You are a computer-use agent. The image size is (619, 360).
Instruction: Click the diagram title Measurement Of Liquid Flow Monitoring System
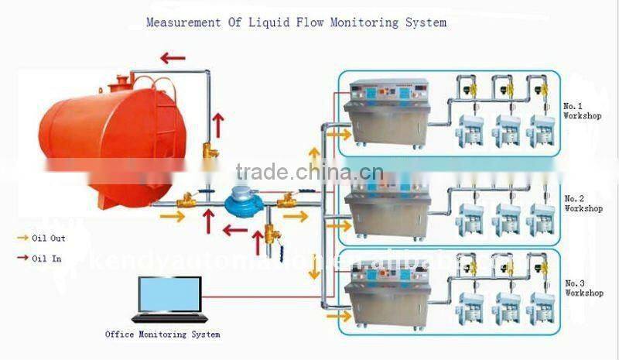pyautogui.click(x=296, y=22)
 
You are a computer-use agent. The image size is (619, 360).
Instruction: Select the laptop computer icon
pyautogui.click(x=169, y=299)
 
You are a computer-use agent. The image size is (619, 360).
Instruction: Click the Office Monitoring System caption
pyautogui.click(x=162, y=334)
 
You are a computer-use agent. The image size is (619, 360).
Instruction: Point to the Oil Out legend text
pyautogui.click(x=46, y=238)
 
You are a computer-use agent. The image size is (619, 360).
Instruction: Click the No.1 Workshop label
pyautogui.click(x=583, y=110)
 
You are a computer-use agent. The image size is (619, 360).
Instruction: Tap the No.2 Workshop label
pyautogui.click(x=583, y=204)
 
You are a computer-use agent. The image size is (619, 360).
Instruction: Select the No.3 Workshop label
pyautogui.click(x=583, y=288)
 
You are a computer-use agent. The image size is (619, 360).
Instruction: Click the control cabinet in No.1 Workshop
pyautogui.click(x=388, y=115)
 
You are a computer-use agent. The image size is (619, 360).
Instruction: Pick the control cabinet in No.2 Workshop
pyautogui.click(x=388, y=208)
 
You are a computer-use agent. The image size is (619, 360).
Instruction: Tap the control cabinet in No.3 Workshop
pyautogui.click(x=388, y=293)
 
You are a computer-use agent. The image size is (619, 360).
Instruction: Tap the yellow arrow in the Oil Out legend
pyautogui.click(x=21, y=238)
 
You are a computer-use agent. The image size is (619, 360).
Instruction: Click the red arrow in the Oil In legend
pyautogui.click(x=21, y=259)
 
